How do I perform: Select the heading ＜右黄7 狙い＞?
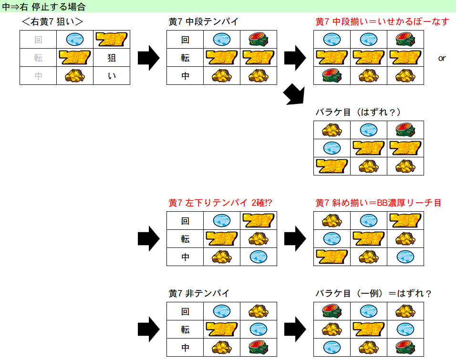coord(52,21)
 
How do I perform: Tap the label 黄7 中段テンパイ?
coord(203,21)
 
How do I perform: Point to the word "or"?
coord(442,58)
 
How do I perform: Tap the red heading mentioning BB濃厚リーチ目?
coord(378,203)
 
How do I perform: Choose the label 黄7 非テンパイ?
coord(199,293)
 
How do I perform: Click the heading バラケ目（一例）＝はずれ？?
coord(373,293)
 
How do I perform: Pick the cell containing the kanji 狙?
coord(112,58)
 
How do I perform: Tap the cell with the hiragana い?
coord(112,76)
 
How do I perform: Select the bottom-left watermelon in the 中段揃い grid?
coord(332,76)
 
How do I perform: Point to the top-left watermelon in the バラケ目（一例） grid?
coord(332,311)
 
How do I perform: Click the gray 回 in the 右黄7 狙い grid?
coord(38,40)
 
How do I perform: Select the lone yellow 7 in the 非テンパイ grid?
coord(221,329)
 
